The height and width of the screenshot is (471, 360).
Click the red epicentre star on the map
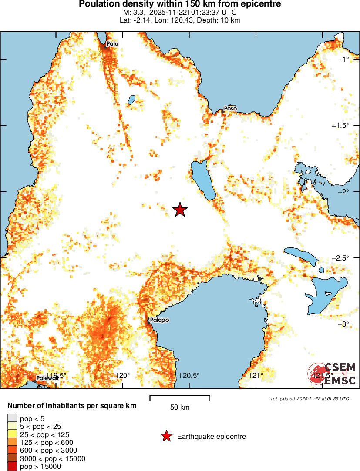[180, 210]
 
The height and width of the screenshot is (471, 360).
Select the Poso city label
[230, 108]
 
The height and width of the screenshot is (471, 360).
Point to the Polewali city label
[47, 378]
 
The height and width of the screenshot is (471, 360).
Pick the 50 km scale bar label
[180, 408]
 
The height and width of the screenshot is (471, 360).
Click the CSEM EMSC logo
[333, 374]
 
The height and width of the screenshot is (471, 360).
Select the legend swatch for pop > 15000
[12, 467]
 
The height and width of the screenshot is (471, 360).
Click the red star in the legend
[166, 436]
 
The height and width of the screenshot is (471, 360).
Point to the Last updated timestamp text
[309, 398]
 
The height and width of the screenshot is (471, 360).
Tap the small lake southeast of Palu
[131, 100]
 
